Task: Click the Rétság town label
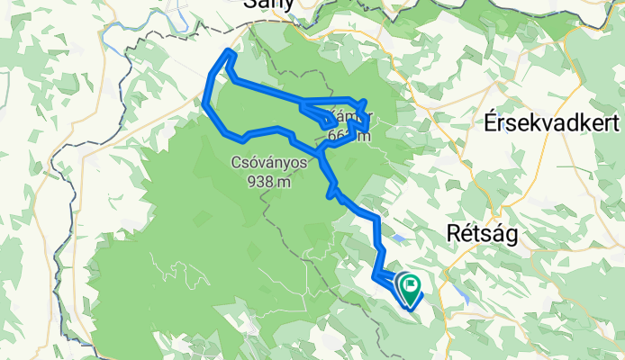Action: tap(483, 233)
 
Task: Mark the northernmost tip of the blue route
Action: tap(229, 52)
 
